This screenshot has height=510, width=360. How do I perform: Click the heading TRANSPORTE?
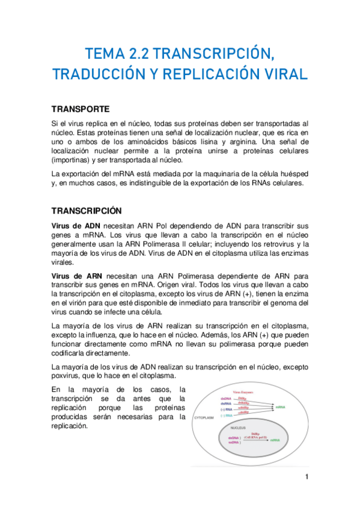pyautogui.click(x=80, y=109)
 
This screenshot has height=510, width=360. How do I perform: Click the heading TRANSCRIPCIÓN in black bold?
pyautogui.click(x=87, y=211)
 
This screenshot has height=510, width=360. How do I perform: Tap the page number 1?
pyautogui.click(x=306, y=478)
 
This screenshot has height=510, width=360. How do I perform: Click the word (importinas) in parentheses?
pyautogui.click(x=74, y=160)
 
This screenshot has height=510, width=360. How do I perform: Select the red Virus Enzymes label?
pyautogui.click(x=244, y=392)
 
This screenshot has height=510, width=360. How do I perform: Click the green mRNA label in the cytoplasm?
pyautogui.click(x=281, y=407)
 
